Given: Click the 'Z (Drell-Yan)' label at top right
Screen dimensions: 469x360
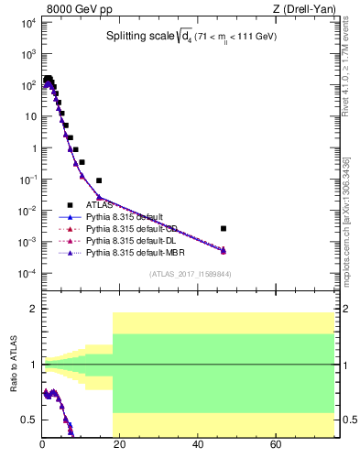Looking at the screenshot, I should pyautogui.click(x=304, y=10).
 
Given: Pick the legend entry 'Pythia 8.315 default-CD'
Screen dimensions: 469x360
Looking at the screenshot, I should pyautogui.click(x=131, y=228).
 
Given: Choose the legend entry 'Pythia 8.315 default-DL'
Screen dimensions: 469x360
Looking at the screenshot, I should pyautogui.click(x=130, y=240).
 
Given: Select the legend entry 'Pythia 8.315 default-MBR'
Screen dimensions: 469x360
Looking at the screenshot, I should pyautogui.click(x=133, y=252).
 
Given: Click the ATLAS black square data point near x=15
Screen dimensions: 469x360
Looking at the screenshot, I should pyautogui.click(x=99, y=180).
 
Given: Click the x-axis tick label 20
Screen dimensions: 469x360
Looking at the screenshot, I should pyautogui.click(x=120, y=446).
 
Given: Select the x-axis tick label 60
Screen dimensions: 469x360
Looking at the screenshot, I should pyautogui.click(x=276, y=446).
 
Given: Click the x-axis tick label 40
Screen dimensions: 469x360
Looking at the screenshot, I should pyautogui.click(x=198, y=446).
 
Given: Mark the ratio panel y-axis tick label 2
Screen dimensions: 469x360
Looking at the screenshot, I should pyautogui.click(x=32, y=309).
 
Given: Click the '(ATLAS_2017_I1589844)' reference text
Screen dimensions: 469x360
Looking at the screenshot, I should pyautogui.click(x=190, y=274).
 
